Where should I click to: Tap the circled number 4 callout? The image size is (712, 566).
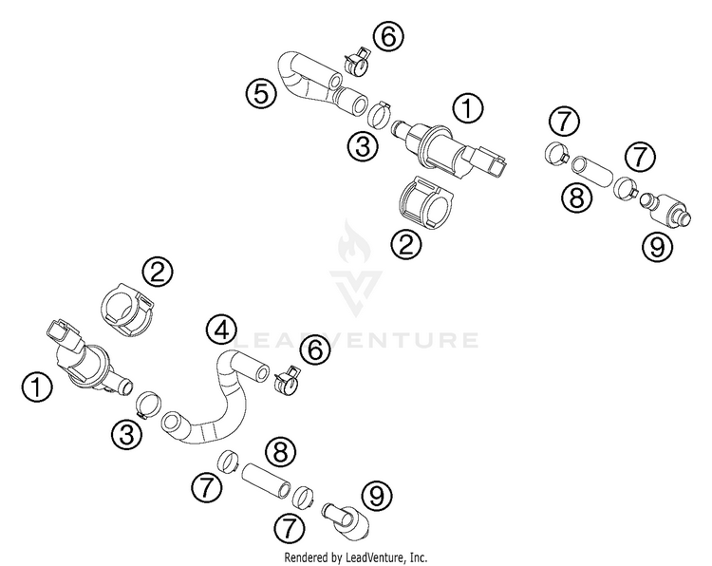pyautogui.click(x=220, y=330)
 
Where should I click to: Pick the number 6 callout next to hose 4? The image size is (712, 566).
pyautogui.click(x=316, y=350)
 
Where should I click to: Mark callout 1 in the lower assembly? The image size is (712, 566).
pyautogui.click(x=37, y=387)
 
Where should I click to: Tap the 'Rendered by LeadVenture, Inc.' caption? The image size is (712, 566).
pyautogui.click(x=356, y=556)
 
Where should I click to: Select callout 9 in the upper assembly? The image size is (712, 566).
pyautogui.click(x=657, y=247)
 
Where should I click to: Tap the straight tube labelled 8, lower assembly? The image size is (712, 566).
pyautogui.click(x=263, y=479)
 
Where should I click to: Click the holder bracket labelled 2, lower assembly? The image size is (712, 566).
pyautogui.click(x=127, y=312)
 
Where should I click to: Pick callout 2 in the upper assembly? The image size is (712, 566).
pyautogui.click(x=407, y=245)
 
